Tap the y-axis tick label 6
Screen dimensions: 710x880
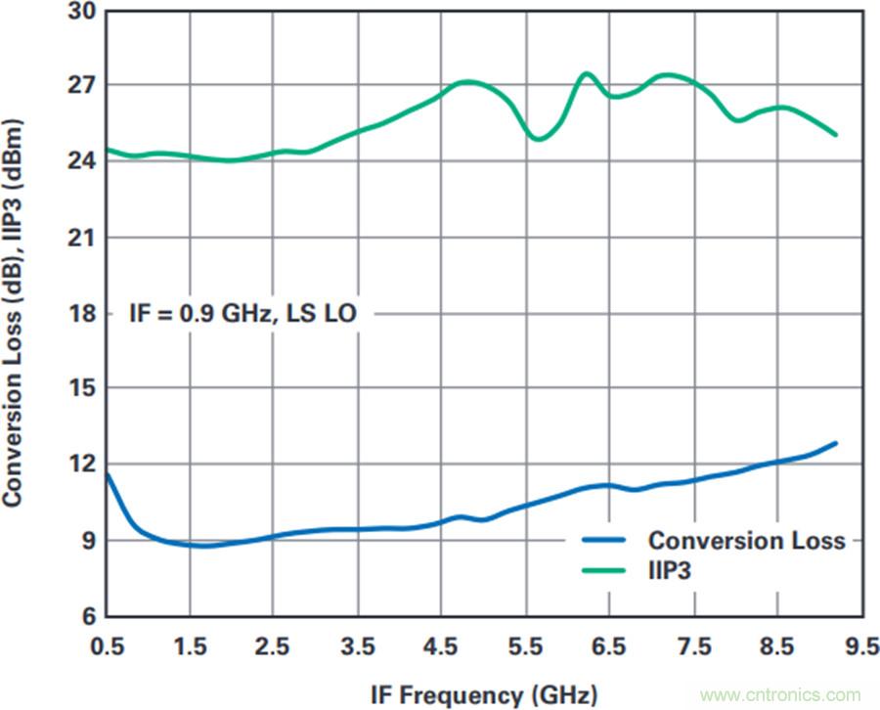point(85,617)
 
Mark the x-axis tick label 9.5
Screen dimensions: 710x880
point(858,646)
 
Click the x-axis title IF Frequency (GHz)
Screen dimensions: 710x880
point(482,694)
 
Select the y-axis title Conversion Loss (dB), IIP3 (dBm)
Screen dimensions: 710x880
point(14,313)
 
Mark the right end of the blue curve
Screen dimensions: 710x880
point(836,443)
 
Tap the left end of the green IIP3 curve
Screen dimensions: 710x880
point(107,150)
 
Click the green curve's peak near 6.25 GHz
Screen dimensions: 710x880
point(587,73)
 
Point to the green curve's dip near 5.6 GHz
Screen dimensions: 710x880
point(538,139)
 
